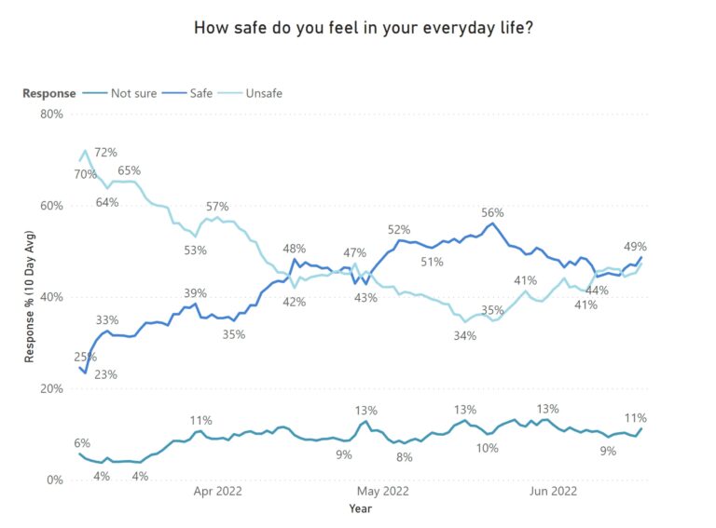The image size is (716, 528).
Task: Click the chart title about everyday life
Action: [x=364, y=28]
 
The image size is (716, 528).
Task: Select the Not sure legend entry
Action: [x=131, y=93]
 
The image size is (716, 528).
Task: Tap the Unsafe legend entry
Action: [x=263, y=93]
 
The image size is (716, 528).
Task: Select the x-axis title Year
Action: [x=361, y=508]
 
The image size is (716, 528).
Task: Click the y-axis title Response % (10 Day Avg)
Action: [x=30, y=297]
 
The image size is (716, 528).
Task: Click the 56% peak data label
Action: [x=493, y=212]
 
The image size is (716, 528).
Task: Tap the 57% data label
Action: [x=217, y=207]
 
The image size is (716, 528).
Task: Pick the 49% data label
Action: [x=635, y=247]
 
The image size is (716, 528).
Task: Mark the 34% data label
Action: [x=465, y=336]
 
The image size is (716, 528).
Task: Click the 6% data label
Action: [x=82, y=443]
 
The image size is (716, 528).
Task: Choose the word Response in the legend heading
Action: [x=49, y=93]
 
